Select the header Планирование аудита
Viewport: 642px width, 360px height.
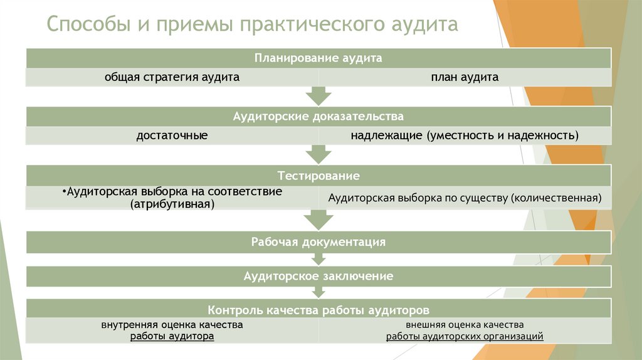(x=318, y=58)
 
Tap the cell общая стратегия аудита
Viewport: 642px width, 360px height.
(x=172, y=77)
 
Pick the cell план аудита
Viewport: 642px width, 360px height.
(x=465, y=77)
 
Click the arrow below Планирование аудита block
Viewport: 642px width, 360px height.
(x=318, y=96)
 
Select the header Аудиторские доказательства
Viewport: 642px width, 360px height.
(x=318, y=117)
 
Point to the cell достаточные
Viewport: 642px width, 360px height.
(x=172, y=135)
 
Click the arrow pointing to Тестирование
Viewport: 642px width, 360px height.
(x=318, y=154)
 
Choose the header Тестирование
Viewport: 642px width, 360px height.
(x=318, y=175)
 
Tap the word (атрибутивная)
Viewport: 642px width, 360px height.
(x=172, y=204)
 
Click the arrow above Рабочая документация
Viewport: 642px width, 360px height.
(x=318, y=220)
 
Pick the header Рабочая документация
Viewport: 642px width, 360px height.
(x=318, y=241)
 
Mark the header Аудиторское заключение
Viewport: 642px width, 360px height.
(x=318, y=276)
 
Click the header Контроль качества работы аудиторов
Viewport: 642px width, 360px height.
(x=318, y=310)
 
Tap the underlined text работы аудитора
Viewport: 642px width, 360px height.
(x=172, y=336)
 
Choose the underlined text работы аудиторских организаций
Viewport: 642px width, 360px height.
(x=465, y=337)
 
